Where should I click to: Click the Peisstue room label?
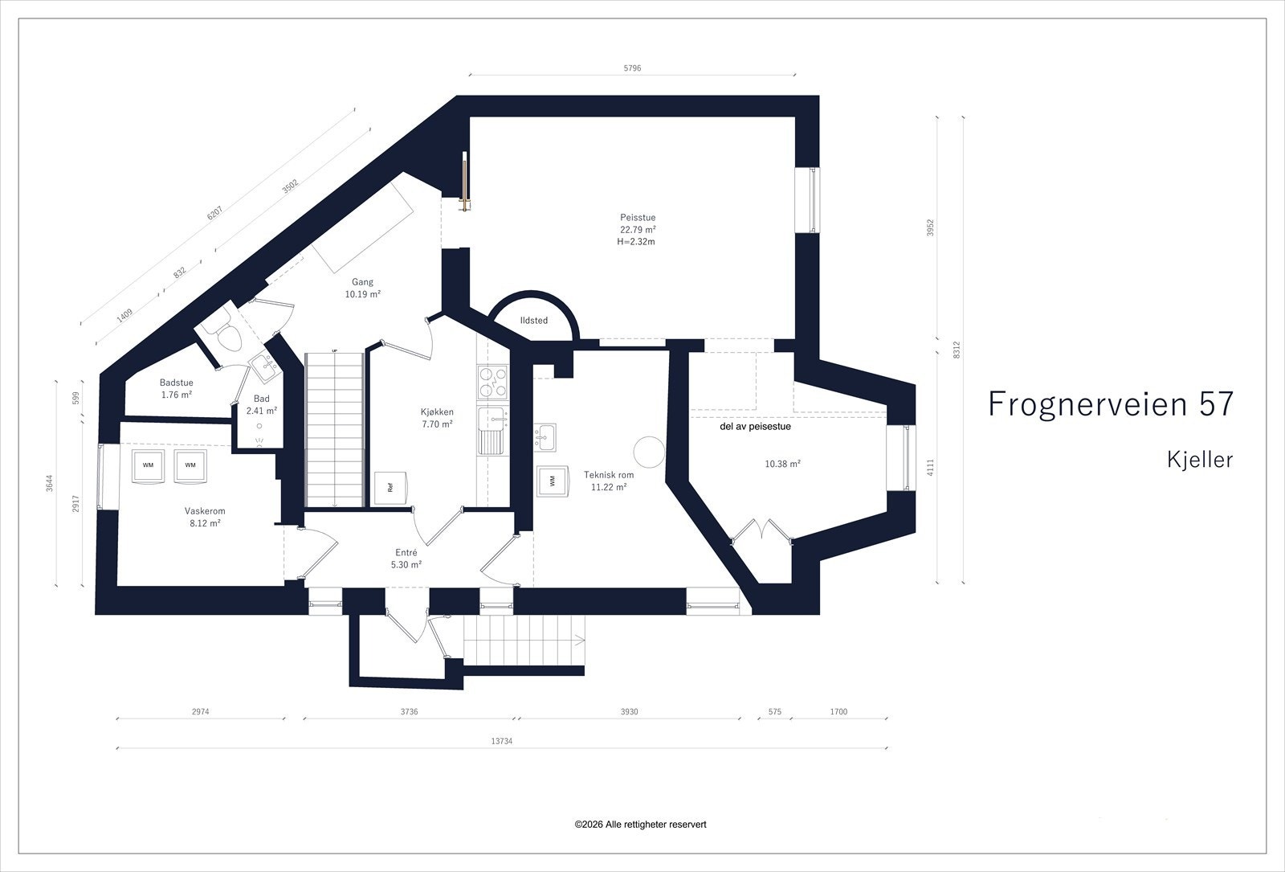pos(638,218)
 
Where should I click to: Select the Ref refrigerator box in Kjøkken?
pos(390,488)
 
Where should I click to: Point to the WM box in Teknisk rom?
pos(553,481)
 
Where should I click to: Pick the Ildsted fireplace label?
pos(533,321)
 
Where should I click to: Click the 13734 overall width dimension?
pos(501,741)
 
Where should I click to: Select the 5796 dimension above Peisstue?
pos(632,68)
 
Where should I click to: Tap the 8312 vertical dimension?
pos(957,350)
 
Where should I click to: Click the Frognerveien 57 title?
pos(1111,403)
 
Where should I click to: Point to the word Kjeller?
pos(1200,459)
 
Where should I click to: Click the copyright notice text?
pos(641,825)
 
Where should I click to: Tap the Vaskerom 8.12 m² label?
pos(205,517)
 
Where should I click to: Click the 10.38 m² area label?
pos(782,464)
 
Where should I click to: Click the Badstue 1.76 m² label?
pos(177,389)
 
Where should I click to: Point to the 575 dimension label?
pos(775,711)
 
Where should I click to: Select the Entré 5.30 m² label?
pos(406,559)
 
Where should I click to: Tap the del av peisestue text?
pos(756,427)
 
